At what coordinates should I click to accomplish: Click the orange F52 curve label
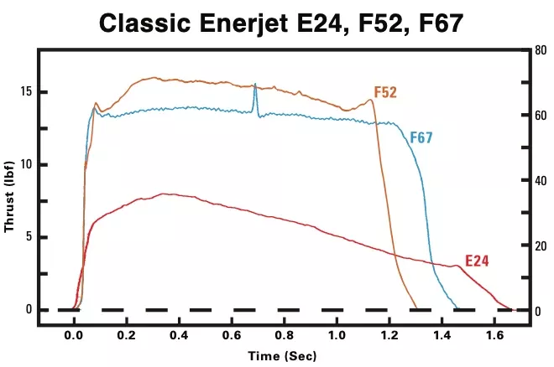point(385,92)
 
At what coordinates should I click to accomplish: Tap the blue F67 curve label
point(421,137)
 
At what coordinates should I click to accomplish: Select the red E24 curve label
point(477,261)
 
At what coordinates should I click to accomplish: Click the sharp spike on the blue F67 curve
point(255,85)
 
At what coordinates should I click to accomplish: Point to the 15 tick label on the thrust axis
point(26,91)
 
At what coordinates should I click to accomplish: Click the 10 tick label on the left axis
point(26,164)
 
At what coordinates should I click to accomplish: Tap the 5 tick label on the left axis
point(29,237)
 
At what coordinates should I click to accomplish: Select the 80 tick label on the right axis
point(541,50)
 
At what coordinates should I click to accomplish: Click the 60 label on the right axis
point(541,116)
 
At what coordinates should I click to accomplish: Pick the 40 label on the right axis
point(541,180)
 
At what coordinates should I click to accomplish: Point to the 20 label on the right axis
point(541,246)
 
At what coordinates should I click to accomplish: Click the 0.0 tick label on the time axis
point(74,335)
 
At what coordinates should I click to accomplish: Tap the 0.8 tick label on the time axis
point(285,335)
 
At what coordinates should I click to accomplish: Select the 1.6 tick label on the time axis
point(494,335)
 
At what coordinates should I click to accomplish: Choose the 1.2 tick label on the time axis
point(389,335)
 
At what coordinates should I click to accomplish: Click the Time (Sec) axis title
point(282,356)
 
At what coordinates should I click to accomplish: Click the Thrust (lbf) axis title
point(9,197)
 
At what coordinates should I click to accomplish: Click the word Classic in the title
point(145,23)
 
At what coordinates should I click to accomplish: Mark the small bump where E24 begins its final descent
point(457,266)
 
